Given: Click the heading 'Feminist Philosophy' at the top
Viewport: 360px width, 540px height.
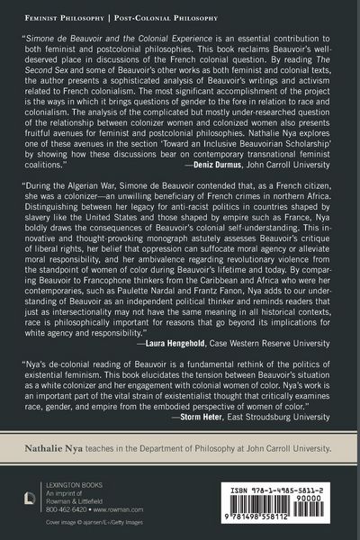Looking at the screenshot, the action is coord(61,14).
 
